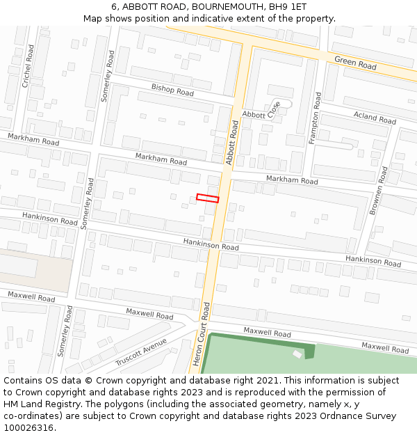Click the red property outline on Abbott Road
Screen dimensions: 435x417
(207, 198)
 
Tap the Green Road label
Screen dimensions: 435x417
(355, 63)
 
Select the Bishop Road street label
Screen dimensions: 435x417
(172, 90)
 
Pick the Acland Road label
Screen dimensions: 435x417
(374, 118)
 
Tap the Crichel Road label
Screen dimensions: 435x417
(27, 66)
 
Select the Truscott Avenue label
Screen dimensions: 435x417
(141, 351)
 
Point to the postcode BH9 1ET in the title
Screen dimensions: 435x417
(287, 6)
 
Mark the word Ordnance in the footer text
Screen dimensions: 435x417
(329, 416)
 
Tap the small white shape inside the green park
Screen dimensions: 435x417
(297, 354)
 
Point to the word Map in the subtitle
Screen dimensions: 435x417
(93, 18)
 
